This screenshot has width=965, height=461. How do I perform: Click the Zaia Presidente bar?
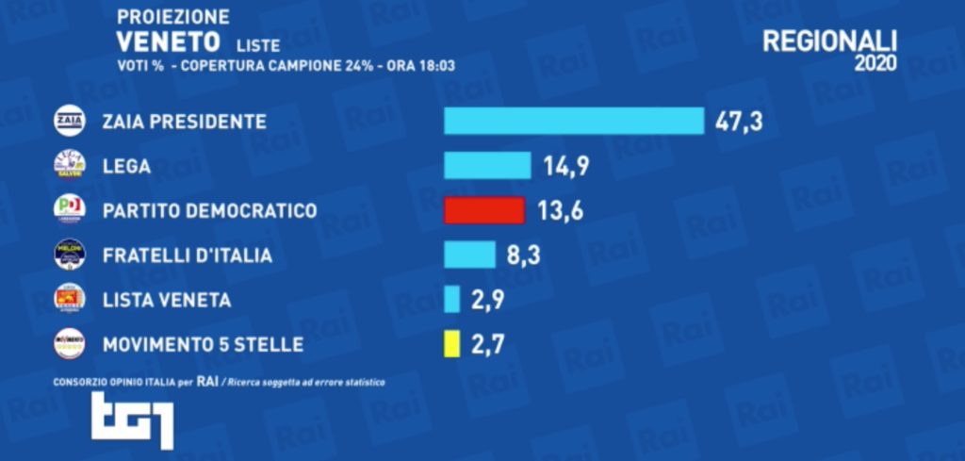[574, 122]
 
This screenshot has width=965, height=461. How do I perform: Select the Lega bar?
[487, 166]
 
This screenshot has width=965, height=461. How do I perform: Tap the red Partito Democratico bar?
[484, 210]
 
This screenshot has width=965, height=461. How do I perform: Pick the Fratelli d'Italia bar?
[469, 255]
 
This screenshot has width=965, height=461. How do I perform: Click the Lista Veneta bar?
[452, 299]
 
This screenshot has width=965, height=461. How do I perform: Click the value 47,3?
[740, 122]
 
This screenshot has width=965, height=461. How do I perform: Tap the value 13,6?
[560, 210]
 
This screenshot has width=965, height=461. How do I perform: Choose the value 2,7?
[486, 344]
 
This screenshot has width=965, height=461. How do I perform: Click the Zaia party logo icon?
[70, 122]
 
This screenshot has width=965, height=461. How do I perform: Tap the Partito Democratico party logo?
[70, 210]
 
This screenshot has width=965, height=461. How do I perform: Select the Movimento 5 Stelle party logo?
[70, 344]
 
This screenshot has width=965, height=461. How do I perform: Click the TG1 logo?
[133, 420]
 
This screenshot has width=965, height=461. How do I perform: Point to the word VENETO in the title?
[168, 41]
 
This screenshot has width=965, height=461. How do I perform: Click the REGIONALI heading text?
[828, 41]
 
